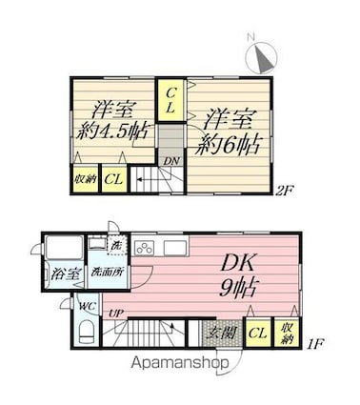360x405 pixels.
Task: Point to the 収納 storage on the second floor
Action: [85, 178]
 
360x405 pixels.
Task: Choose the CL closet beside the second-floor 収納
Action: [113, 178]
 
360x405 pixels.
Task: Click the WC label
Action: [85, 306]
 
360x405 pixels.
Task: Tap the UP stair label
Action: [114, 314]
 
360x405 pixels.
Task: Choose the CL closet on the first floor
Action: [256, 333]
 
